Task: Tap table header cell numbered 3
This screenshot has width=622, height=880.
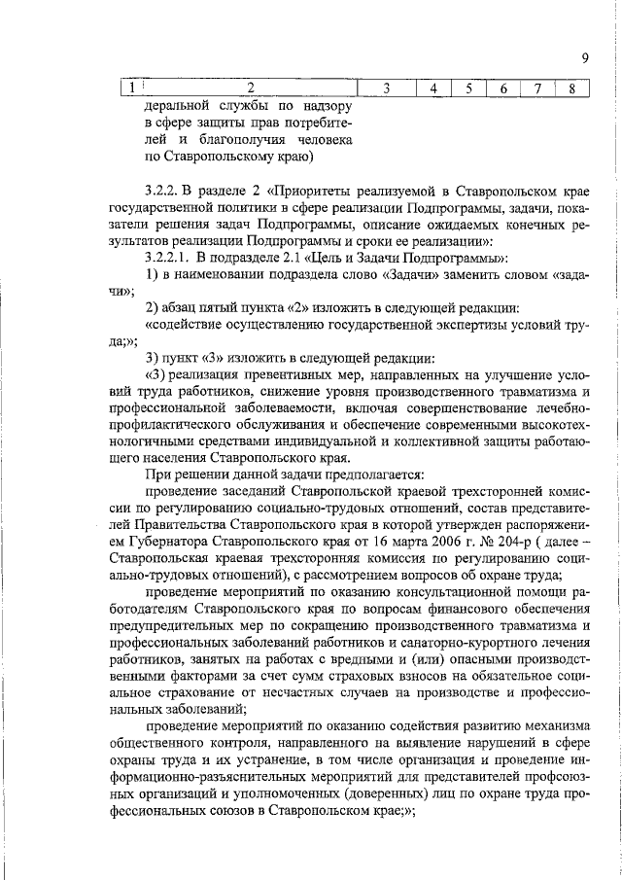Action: pos(386,88)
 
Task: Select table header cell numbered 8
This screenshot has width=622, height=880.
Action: pos(572,88)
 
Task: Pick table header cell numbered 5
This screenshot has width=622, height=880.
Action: pos(467,88)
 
